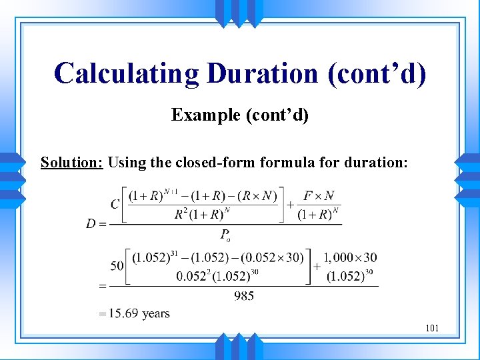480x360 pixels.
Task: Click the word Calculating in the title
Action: click(x=126, y=73)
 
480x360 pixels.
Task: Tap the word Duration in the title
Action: click(x=262, y=73)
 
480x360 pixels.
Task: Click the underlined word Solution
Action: click(x=71, y=162)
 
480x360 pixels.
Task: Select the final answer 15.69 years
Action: click(x=137, y=313)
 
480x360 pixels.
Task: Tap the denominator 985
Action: click(x=244, y=296)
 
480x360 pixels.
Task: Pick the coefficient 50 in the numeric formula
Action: click(x=117, y=265)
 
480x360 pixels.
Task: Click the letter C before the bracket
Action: click(x=115, y=204)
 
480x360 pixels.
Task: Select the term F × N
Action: click(x=319, y=196)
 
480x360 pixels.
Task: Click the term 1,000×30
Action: click(x=349, y=257)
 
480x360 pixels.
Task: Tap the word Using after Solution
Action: click(x=125, y=162)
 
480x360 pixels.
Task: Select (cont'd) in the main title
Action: click(x=376, y=73)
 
